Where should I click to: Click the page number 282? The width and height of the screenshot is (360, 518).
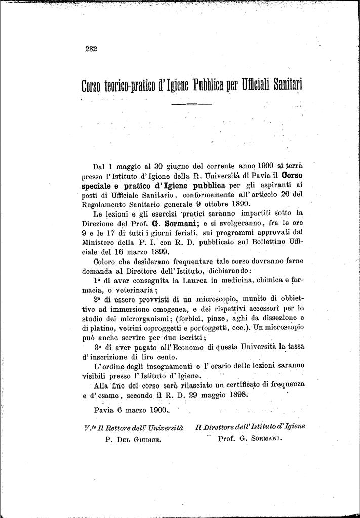91,49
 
